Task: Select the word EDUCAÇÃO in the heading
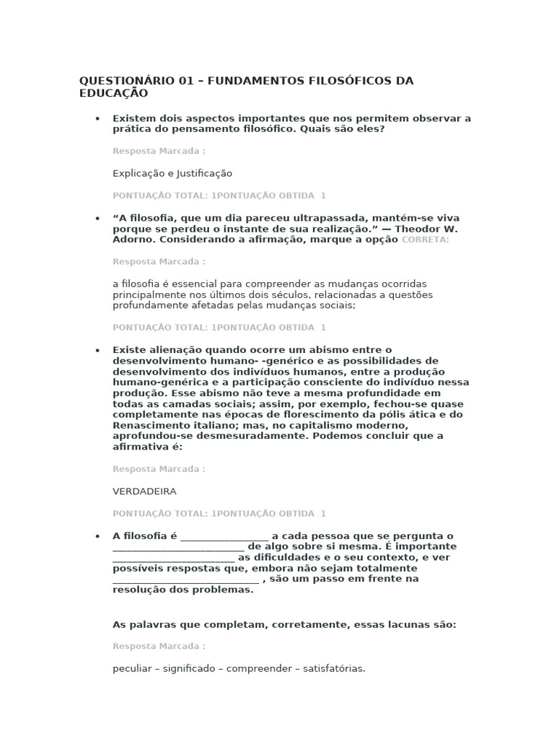113,93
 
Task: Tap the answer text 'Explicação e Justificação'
172,173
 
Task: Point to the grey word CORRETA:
425,240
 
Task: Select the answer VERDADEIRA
144,491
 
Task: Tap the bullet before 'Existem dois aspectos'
97,118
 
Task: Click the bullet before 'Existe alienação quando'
97,350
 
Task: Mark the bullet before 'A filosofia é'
97,536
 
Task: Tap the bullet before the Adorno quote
97,218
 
